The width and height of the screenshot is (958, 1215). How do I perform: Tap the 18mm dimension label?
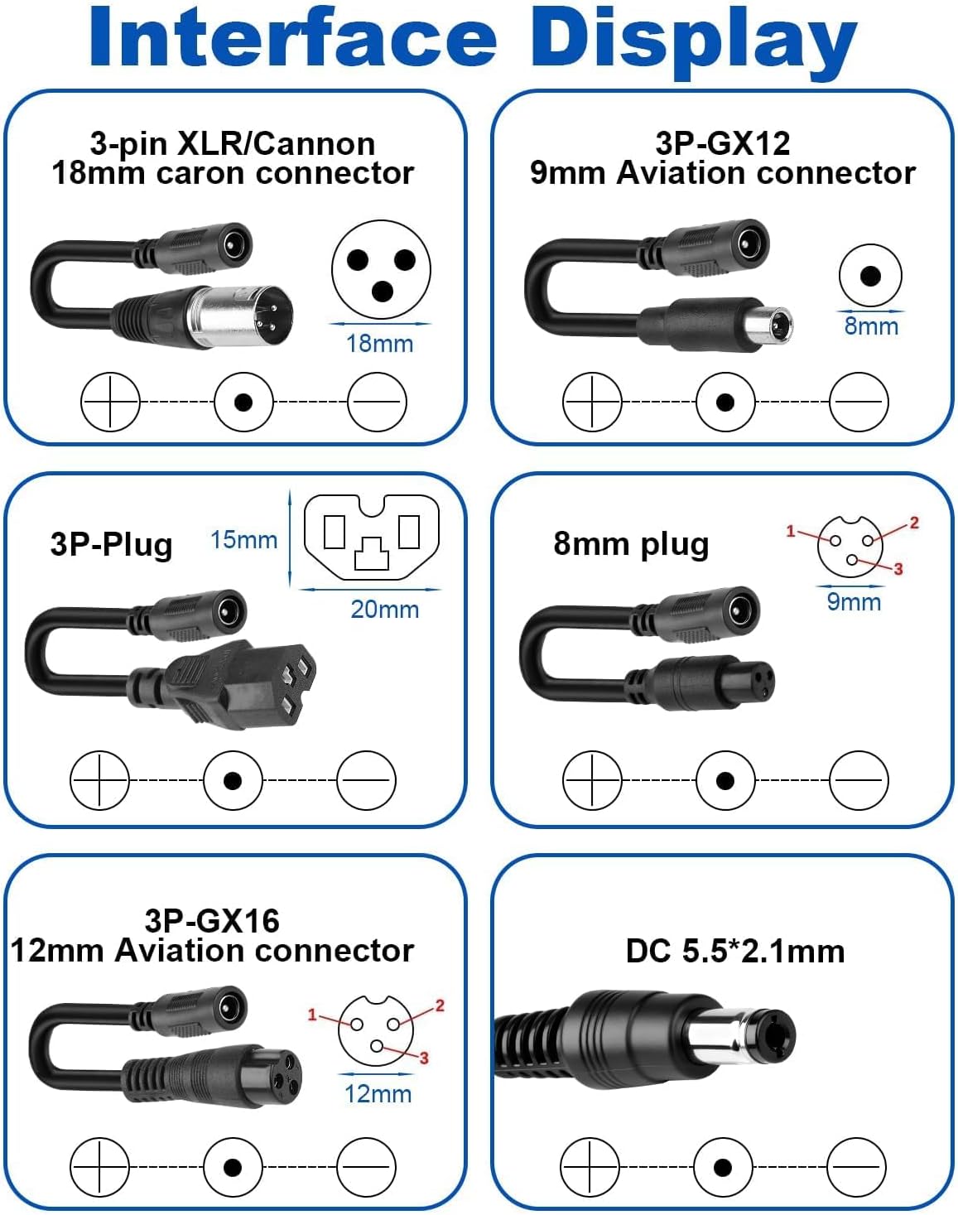pos(379,343)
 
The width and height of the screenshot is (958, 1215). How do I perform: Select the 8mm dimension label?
pos(871,326)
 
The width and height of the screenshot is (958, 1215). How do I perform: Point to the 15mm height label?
pos(244,540)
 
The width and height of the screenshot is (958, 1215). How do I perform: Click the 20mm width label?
pos(384,610)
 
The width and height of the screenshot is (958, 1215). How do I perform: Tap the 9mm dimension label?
pos(854,602)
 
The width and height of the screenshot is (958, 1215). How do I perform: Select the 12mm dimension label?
pos(378,1093)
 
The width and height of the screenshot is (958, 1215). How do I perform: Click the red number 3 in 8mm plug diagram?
pos(898,568)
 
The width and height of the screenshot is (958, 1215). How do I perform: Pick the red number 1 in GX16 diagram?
pos(312,1015)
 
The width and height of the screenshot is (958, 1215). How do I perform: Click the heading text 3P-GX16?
pos(212,921)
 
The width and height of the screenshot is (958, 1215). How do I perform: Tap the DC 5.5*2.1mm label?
pos(735,951)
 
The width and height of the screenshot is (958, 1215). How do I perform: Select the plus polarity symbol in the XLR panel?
pos(110,402)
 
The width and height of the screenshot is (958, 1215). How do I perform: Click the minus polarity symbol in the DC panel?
pos(856,1166)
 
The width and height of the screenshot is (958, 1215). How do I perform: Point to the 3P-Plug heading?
pos(111,544)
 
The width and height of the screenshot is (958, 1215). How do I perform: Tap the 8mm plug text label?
pos(631,544)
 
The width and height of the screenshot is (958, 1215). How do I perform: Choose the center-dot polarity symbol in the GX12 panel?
pos(725,402)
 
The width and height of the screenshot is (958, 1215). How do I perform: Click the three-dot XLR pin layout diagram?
pos(381,270)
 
